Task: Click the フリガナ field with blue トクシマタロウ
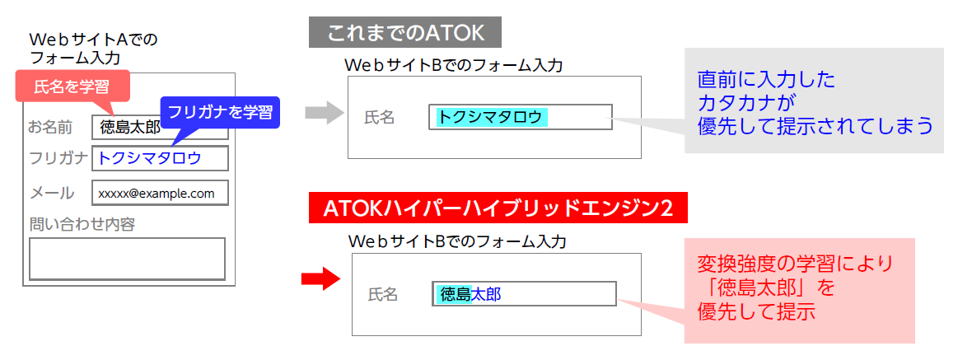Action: click(160, 158)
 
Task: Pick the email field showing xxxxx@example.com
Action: click(160, 193)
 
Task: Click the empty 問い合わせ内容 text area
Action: click(127, 259)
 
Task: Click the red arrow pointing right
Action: click(320, 278)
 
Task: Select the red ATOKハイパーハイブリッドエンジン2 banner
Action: click(498, 208)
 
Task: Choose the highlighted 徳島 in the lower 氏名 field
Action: click(455, 294)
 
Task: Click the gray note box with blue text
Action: click(814, 101)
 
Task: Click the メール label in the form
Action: click(52, 193)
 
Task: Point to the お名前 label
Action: click(51, 127)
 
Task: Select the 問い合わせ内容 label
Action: click(82, 224)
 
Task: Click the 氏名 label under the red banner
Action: click(383, 294)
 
